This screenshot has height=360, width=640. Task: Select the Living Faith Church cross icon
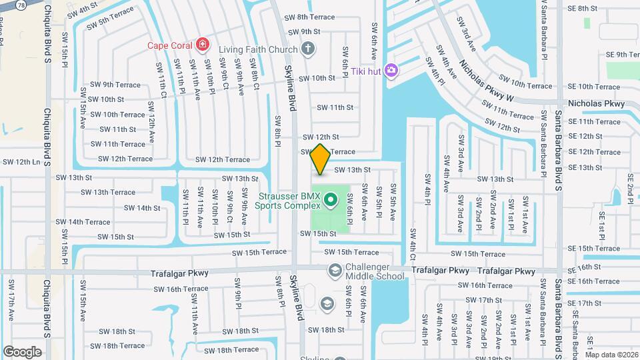point(307,47)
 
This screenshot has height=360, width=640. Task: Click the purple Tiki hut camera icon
point(391,70)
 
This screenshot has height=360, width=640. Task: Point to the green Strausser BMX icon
point(329,199)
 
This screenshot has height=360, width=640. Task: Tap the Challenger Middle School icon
point(334,270)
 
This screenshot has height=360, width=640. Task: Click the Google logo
point(23,351)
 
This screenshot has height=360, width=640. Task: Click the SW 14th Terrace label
point(83,222)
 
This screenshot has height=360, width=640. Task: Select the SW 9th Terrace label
point(115,85)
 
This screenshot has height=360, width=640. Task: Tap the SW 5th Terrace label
point(107,17)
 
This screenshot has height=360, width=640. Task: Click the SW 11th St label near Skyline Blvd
point(335,107)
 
